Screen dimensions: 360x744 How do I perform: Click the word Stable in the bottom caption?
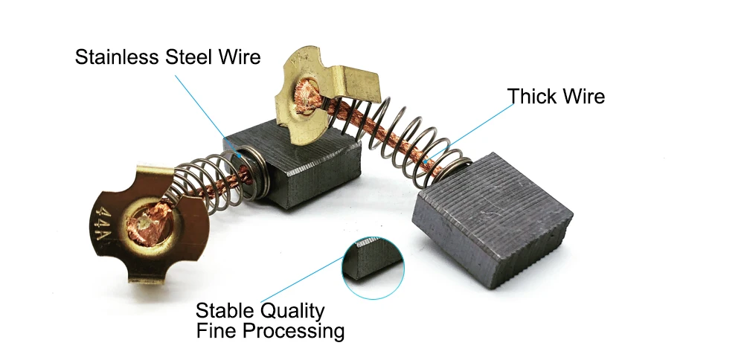pos(221,310)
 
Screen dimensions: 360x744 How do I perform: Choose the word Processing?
pos(288,330)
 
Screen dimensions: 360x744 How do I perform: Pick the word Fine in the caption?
pos(213,330)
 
